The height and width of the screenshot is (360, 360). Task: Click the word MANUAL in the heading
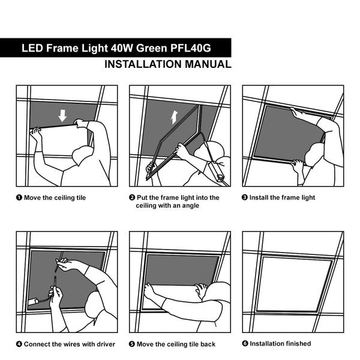coord(202,64)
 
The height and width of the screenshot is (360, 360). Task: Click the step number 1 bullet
coord(19,197)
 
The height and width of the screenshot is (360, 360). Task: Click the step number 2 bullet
coord(132,197)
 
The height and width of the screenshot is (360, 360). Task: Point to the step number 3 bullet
coord(245,197)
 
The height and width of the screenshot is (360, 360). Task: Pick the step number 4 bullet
coord(19,344)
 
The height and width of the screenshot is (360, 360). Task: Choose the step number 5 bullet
coord(132,344)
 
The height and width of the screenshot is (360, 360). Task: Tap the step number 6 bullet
coord(245,344)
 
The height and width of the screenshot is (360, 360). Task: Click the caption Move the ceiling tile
coord(55,197)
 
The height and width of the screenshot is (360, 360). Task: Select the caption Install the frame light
coord(282,197)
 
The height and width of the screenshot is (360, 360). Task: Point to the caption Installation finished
coord(280,344)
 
